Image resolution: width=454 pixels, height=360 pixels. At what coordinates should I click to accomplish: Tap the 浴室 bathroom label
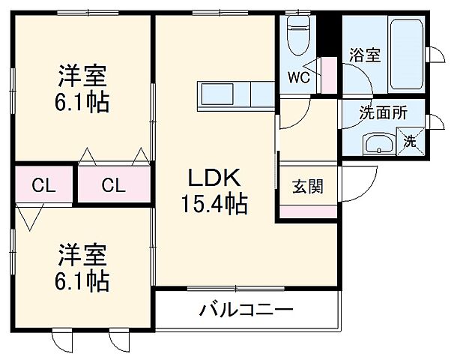pos(364,56)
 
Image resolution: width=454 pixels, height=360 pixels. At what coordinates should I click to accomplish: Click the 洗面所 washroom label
pos(383,114)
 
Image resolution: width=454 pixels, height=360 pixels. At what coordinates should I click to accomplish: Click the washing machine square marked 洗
pos(411,140)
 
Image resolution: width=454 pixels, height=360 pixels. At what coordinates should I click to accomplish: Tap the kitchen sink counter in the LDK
pos(225,95)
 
